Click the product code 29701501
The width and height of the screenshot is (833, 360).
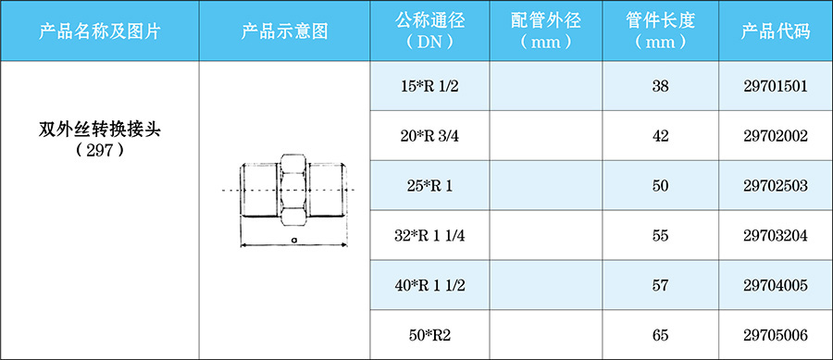(776, 86)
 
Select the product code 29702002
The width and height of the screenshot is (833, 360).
(776, 136)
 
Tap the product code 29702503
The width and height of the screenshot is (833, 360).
(776, 186)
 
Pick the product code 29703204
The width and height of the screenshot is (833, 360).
(776, 236)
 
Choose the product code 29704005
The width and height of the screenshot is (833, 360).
(776, 286)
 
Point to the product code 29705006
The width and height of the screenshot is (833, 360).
(776, 335)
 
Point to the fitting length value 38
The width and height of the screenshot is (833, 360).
(660, 86)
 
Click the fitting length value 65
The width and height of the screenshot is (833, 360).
(660, 335)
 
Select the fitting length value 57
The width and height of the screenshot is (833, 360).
(660, 286)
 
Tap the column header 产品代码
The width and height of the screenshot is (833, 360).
(776, 31)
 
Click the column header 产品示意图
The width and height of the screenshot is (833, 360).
(284, 31)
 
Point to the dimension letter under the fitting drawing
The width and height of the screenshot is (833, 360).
(292, 239)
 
